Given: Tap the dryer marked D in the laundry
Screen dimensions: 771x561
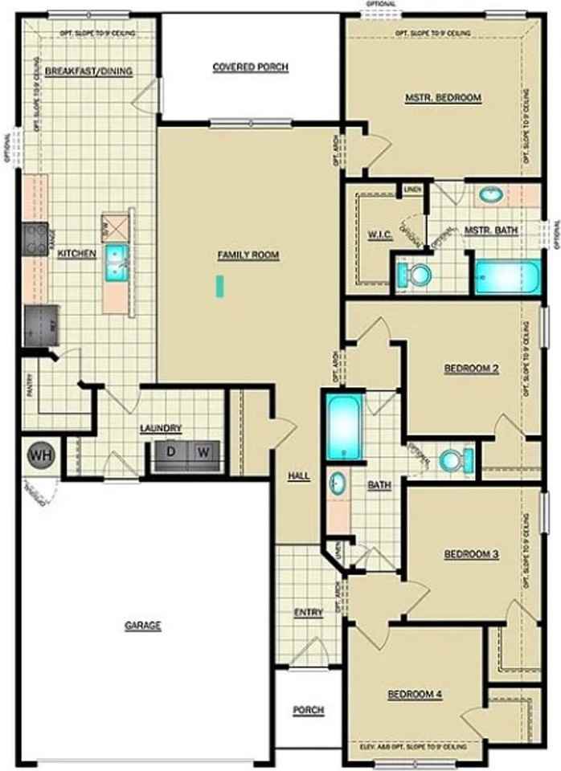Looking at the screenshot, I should (x=170, y=452).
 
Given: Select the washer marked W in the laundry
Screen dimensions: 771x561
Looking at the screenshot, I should (x=204, y=452).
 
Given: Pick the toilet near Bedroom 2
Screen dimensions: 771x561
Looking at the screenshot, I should (x=456, y=460).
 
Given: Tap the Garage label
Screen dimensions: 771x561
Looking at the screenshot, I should (x=142, y=626).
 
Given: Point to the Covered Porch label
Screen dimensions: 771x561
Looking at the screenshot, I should (x=250, y=67).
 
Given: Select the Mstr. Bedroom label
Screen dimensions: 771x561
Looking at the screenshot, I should (x=443, y=98).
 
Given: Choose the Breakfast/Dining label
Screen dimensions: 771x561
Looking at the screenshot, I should (x=88, y=71).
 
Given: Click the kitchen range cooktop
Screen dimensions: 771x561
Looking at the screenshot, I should (x=35, y=239).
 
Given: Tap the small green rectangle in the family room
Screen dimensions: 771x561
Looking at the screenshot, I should (x=219, y=286).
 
